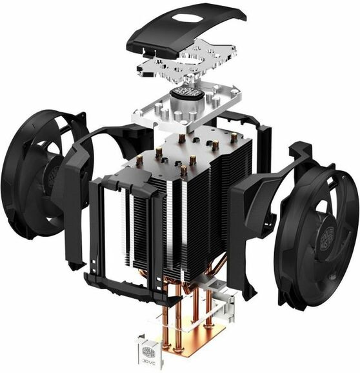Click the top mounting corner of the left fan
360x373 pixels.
(x=77, y=119)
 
